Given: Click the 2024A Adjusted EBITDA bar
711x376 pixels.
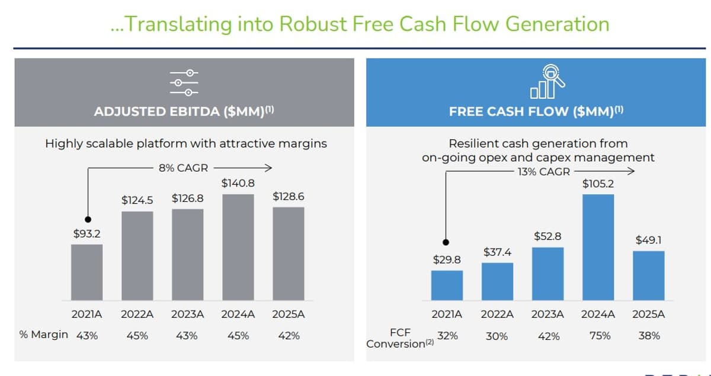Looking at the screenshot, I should click(238, 247).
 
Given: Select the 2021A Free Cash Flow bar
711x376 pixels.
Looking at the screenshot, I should click(447, 285).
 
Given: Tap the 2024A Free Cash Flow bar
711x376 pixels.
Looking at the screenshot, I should click(598, 247).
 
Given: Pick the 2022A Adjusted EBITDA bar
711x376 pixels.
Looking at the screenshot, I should click(137, 255).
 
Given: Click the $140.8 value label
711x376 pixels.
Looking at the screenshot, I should click(238, 183).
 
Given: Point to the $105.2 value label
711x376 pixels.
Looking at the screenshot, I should click(598, 184).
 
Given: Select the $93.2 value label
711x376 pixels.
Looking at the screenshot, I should click(87, 234).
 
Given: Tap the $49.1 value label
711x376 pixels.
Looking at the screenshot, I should click(648, 240).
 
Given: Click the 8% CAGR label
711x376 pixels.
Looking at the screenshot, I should click(183, 168).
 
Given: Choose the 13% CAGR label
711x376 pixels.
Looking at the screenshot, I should click(543, 172).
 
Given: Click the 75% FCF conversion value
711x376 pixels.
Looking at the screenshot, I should click(599, 336).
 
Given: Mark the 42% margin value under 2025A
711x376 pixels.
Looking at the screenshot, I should click(289, 336).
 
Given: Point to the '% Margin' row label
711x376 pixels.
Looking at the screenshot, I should click(43, 335).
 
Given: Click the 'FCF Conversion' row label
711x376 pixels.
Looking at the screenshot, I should click(399, 338).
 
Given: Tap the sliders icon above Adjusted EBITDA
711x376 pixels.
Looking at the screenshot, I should click(184, 82).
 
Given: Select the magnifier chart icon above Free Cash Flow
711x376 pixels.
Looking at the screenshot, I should click(547, 81).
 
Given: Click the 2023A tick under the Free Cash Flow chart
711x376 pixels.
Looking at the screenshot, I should click(548, 314).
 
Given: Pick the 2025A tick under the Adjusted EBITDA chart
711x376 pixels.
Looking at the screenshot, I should click(289, 314).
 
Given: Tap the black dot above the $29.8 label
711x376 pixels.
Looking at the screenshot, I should click(447, 242).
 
